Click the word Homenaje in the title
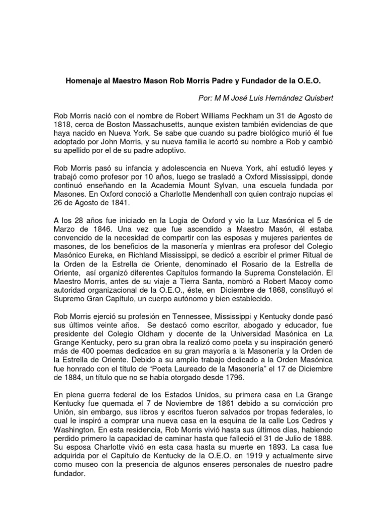pos(85,80)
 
